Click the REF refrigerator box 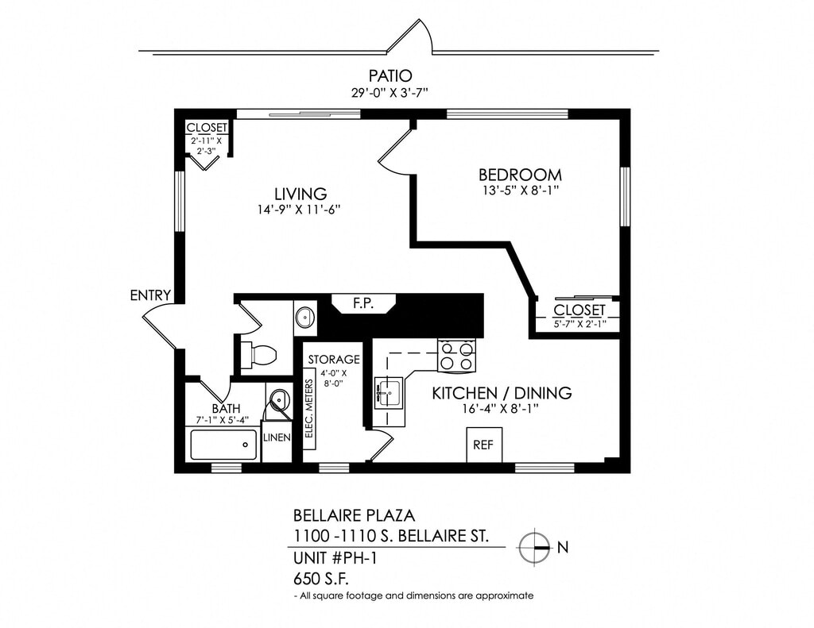pyautogui.click(x=483, y=445)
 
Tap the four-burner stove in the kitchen pyautogui.click(x=457, y=356)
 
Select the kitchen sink pyautogui.click(x=390, y=391)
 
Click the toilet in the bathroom pyautogui.click(x=258, y=354)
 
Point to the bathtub pyautogui.click(x=223, y=445)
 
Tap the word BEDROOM pyautogui.click(x=520, y=175)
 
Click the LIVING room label pyautogui.click(x=300, y=194)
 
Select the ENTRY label pyautogui.click(x=150, y=296)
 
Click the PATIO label pyautogui.click(x=390, y=76)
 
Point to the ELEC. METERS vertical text pyautogui.click(x=309, y=414)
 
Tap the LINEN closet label pyautogui.click(x=277, y=437)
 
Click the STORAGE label pyautogui.click(x=334, y=360)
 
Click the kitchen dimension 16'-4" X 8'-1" pyautogui.click(x=501, y=409)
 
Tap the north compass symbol pyautogui.click(x=534, y=546)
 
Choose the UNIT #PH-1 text pyautogui.click(x=335, y=557)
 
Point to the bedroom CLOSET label pyautogui.click(x=579, y=310)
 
